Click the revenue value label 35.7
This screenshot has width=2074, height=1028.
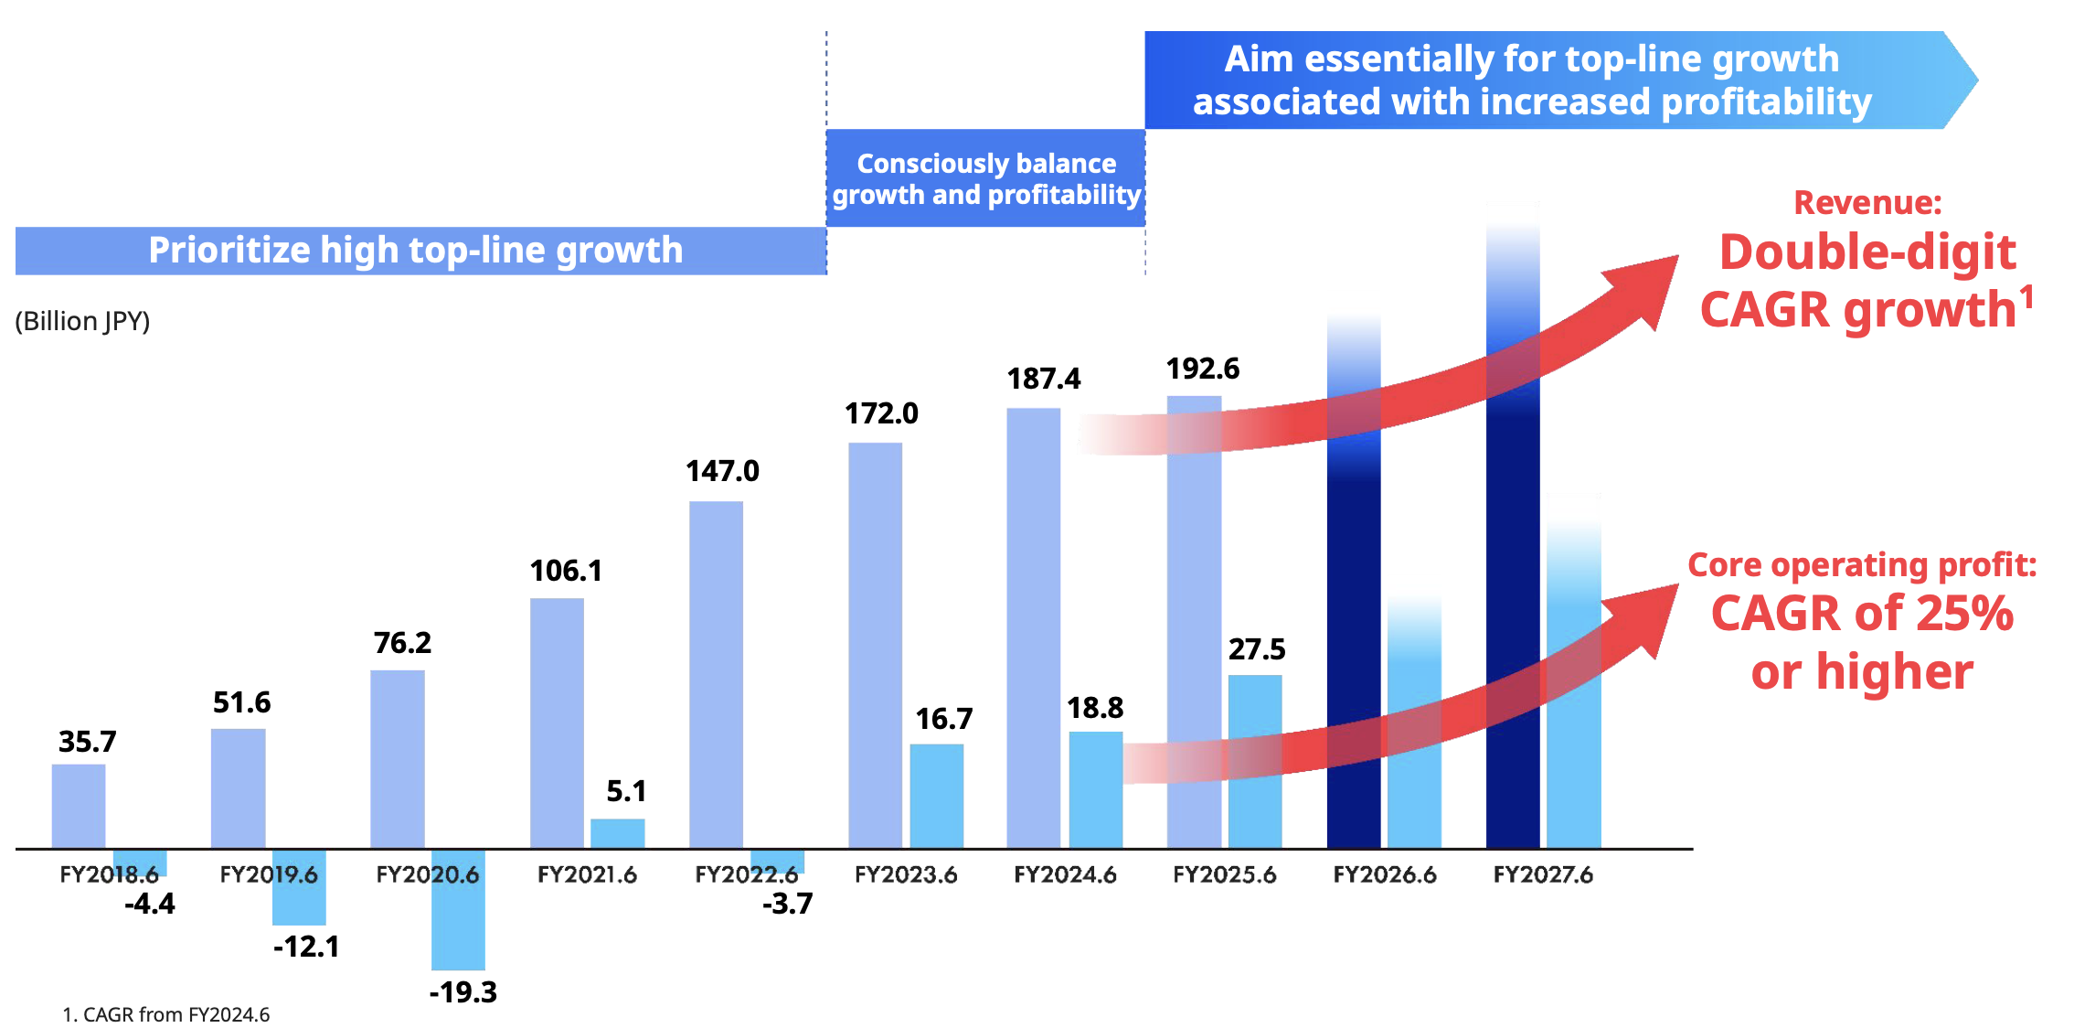88,742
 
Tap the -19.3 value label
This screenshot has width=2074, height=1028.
463,992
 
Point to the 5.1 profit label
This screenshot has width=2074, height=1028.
626,791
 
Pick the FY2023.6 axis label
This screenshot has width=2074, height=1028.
906,875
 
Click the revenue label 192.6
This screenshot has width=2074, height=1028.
1203,369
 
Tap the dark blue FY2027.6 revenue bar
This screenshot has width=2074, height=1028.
1513,640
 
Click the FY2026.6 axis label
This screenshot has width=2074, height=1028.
1385,875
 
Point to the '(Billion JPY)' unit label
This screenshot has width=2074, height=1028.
82,321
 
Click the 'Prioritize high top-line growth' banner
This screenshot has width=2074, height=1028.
416,251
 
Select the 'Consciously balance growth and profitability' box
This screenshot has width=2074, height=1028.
985,178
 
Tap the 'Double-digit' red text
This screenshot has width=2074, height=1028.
1867,252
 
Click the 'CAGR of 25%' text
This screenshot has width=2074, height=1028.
1862,614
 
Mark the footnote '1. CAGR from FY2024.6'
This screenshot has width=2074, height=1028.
166,1014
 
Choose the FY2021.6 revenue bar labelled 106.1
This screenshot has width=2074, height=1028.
557,723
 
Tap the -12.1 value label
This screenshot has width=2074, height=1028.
306,947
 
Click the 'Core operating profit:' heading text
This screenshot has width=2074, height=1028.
1862,565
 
